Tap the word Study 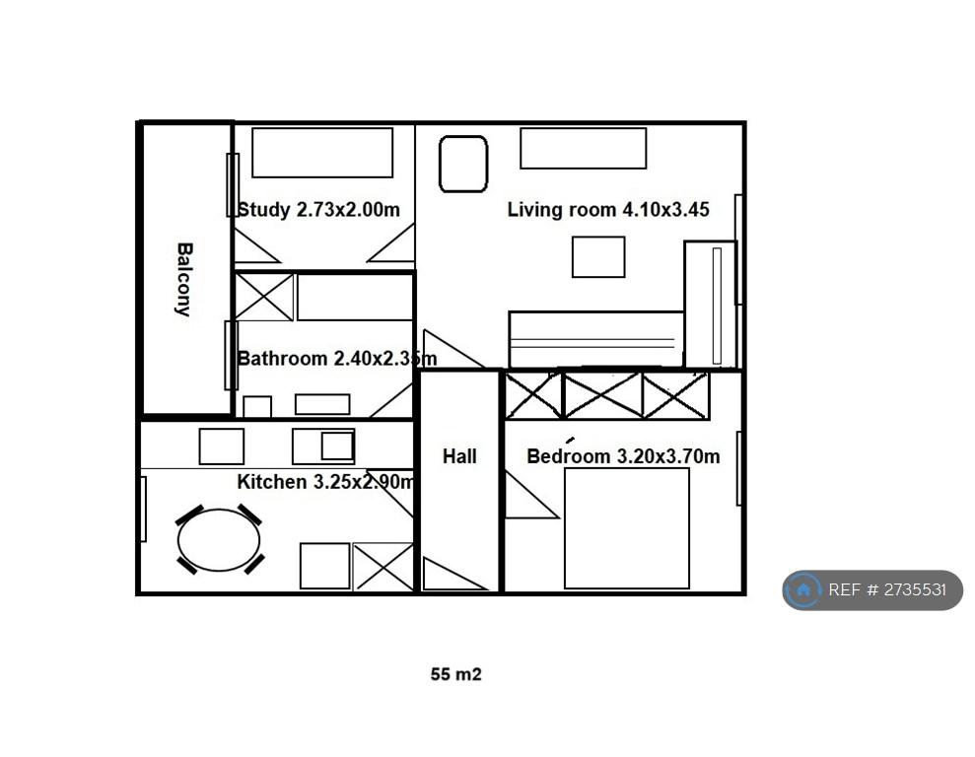pyautogui.click(x=263, y=210)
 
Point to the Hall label pyautogui.click(x=459, y=456)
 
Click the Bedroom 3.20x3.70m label pyautogui.click(x=623, y=456)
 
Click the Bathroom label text pyautogui.click(x=282, y=359)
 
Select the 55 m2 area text pyautogui.click(x=455, y=674)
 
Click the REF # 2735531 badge pyautogui.click(x=872, y=589)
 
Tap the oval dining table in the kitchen pyautogui.click(x=218, y=540)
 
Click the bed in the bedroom pyautogui.click(x=627, y=528)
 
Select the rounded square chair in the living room pyautogui.click(x=463, y=164)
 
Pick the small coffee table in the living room pyautogui.click(x=598, y=256)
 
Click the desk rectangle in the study pyautogui.click(x=322, y=153)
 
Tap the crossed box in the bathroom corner pyautogui.click(x=264, y=297)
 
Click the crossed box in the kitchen pyautogui.click(x=383, y=566)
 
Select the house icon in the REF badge pyautogui.click(x=803, y=589)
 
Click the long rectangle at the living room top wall pyautogui.click(x=584, y=149)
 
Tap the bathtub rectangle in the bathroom pyautogui.click(x=355, y=297)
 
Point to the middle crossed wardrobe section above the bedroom pyautogui.click(x=602, y=395)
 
